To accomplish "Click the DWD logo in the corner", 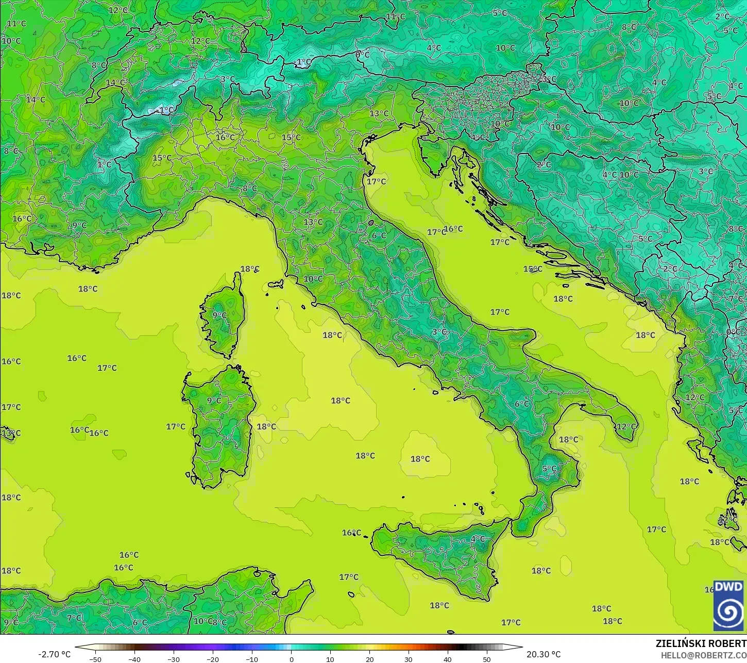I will click(x=728, y=605).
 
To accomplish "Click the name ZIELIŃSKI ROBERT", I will click(x=701, y=643).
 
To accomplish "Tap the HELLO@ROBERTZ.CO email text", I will click(x=704, y=655).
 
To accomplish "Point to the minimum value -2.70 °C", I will click(x=54, y=654).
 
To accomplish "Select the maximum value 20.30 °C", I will click(x=544, y=654).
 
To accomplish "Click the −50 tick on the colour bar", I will click(x=95, y=659).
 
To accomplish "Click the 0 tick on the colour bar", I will click(x=291, y=659).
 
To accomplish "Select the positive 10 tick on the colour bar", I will click(x=330, y=659).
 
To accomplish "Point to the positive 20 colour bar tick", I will click(x=369, y=659).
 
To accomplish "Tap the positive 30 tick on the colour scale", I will click(x=409, y=659).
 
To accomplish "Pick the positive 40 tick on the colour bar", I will click(x=448, y=659).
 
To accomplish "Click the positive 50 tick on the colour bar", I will click(x=487, y=659).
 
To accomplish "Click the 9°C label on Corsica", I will click(x=219, y=315).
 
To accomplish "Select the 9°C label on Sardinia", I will click(x=214, y=400).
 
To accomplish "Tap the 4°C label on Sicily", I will click(x=478, y=539).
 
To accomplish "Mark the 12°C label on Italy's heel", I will click(x=627, y=427).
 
